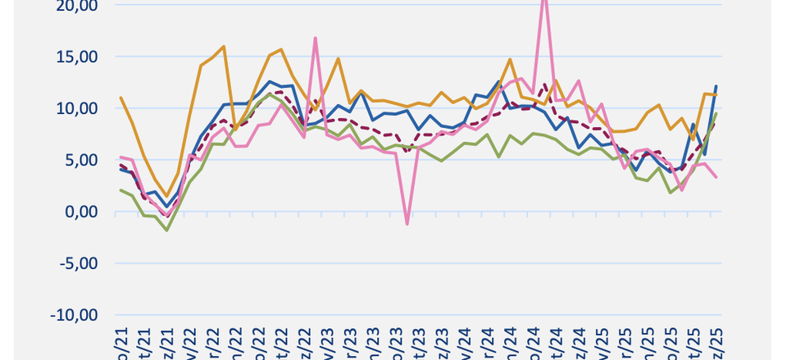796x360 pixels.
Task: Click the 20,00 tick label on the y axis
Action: tap(76, 6)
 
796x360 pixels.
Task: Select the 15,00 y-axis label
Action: tap(76, 57)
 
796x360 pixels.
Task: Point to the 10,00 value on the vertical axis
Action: tap(76, 108)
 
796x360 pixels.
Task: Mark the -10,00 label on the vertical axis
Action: tap(75, 315)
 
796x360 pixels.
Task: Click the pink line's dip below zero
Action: tap(407, 223)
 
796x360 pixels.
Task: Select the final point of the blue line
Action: tap(716, 85)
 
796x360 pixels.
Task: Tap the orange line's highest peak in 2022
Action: tap(224, 47)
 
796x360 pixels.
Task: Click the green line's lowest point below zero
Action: tap(167, 230)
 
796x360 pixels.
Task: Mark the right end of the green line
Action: tap(716, 114)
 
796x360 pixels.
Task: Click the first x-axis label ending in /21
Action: tap(121, 340)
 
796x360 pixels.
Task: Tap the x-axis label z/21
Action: tap(168, 340)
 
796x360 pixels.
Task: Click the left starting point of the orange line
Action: tap(121, 98)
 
